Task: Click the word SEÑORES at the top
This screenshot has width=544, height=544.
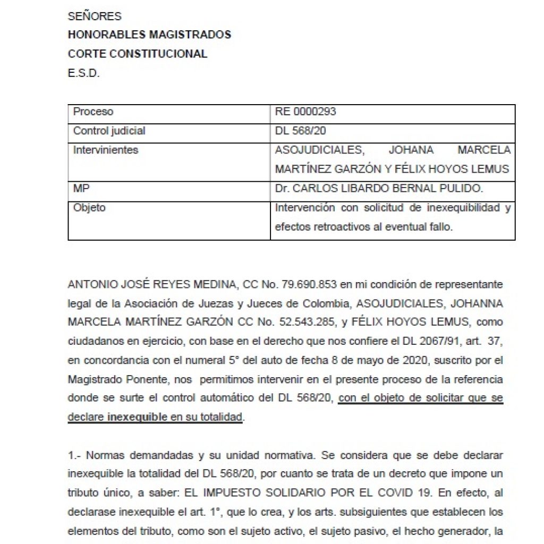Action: (95, 16)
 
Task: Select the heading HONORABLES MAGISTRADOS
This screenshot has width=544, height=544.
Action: (149, 35)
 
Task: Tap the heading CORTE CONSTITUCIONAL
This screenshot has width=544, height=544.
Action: (138, 54)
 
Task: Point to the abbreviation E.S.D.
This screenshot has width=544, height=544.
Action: (83, 73)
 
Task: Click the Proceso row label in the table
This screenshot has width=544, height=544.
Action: (93, 112)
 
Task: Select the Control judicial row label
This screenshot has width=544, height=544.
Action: (109, 131)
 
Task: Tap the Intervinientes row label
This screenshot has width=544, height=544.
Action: (105, 150)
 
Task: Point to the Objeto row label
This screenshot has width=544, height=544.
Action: (89, 208)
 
